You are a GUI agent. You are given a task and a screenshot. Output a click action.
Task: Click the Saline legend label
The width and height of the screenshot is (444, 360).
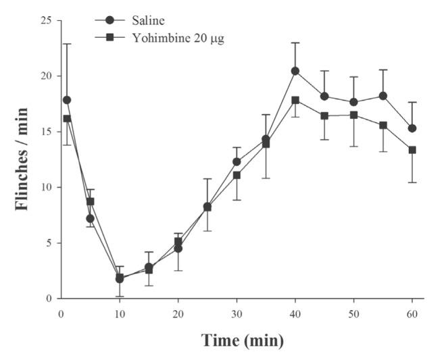click(x=138, y=21)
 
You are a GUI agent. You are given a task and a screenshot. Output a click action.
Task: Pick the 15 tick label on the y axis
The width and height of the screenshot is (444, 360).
click(x=46, y=132)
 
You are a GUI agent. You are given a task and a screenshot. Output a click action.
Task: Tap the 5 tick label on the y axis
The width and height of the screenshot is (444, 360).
click(x=49, y=243)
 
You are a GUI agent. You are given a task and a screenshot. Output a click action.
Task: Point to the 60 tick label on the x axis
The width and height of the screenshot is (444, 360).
click(x=412, y=313)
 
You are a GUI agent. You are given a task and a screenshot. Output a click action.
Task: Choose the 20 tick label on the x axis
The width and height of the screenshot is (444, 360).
click(x=178, y=313)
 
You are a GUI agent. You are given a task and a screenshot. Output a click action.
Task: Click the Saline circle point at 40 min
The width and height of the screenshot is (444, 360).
click(x=295, y=71)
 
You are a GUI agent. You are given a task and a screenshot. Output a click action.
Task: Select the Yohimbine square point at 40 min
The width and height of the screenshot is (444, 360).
click(x=295, y=100)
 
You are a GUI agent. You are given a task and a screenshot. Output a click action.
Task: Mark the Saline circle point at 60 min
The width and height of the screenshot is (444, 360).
click(x=412, y=128)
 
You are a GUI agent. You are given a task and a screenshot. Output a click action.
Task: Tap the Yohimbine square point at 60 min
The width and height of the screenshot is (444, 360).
click(x=412, y=150)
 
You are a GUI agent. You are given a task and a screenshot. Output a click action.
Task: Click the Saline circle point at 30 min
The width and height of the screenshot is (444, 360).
click(x=237, y=161)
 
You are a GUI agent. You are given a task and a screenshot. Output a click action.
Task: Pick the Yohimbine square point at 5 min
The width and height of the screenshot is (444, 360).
click(x=91, y=201)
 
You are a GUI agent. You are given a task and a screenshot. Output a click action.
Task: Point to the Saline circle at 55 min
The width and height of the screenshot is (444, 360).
click(x=383, y=96)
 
